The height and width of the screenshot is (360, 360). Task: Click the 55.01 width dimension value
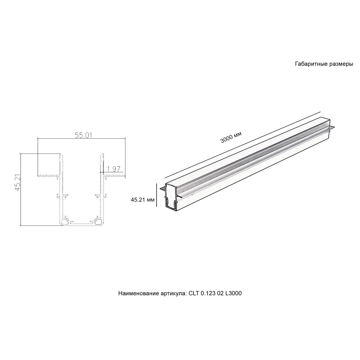pos(83,135)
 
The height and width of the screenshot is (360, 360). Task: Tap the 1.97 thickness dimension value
pos(113,169)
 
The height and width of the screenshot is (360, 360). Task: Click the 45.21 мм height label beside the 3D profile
pos(143,199)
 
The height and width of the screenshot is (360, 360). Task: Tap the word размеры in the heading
pos(341,64)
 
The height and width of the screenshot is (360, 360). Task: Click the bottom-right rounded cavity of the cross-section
pos(98,222)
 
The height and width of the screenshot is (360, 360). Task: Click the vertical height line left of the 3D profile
pos(157,194)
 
